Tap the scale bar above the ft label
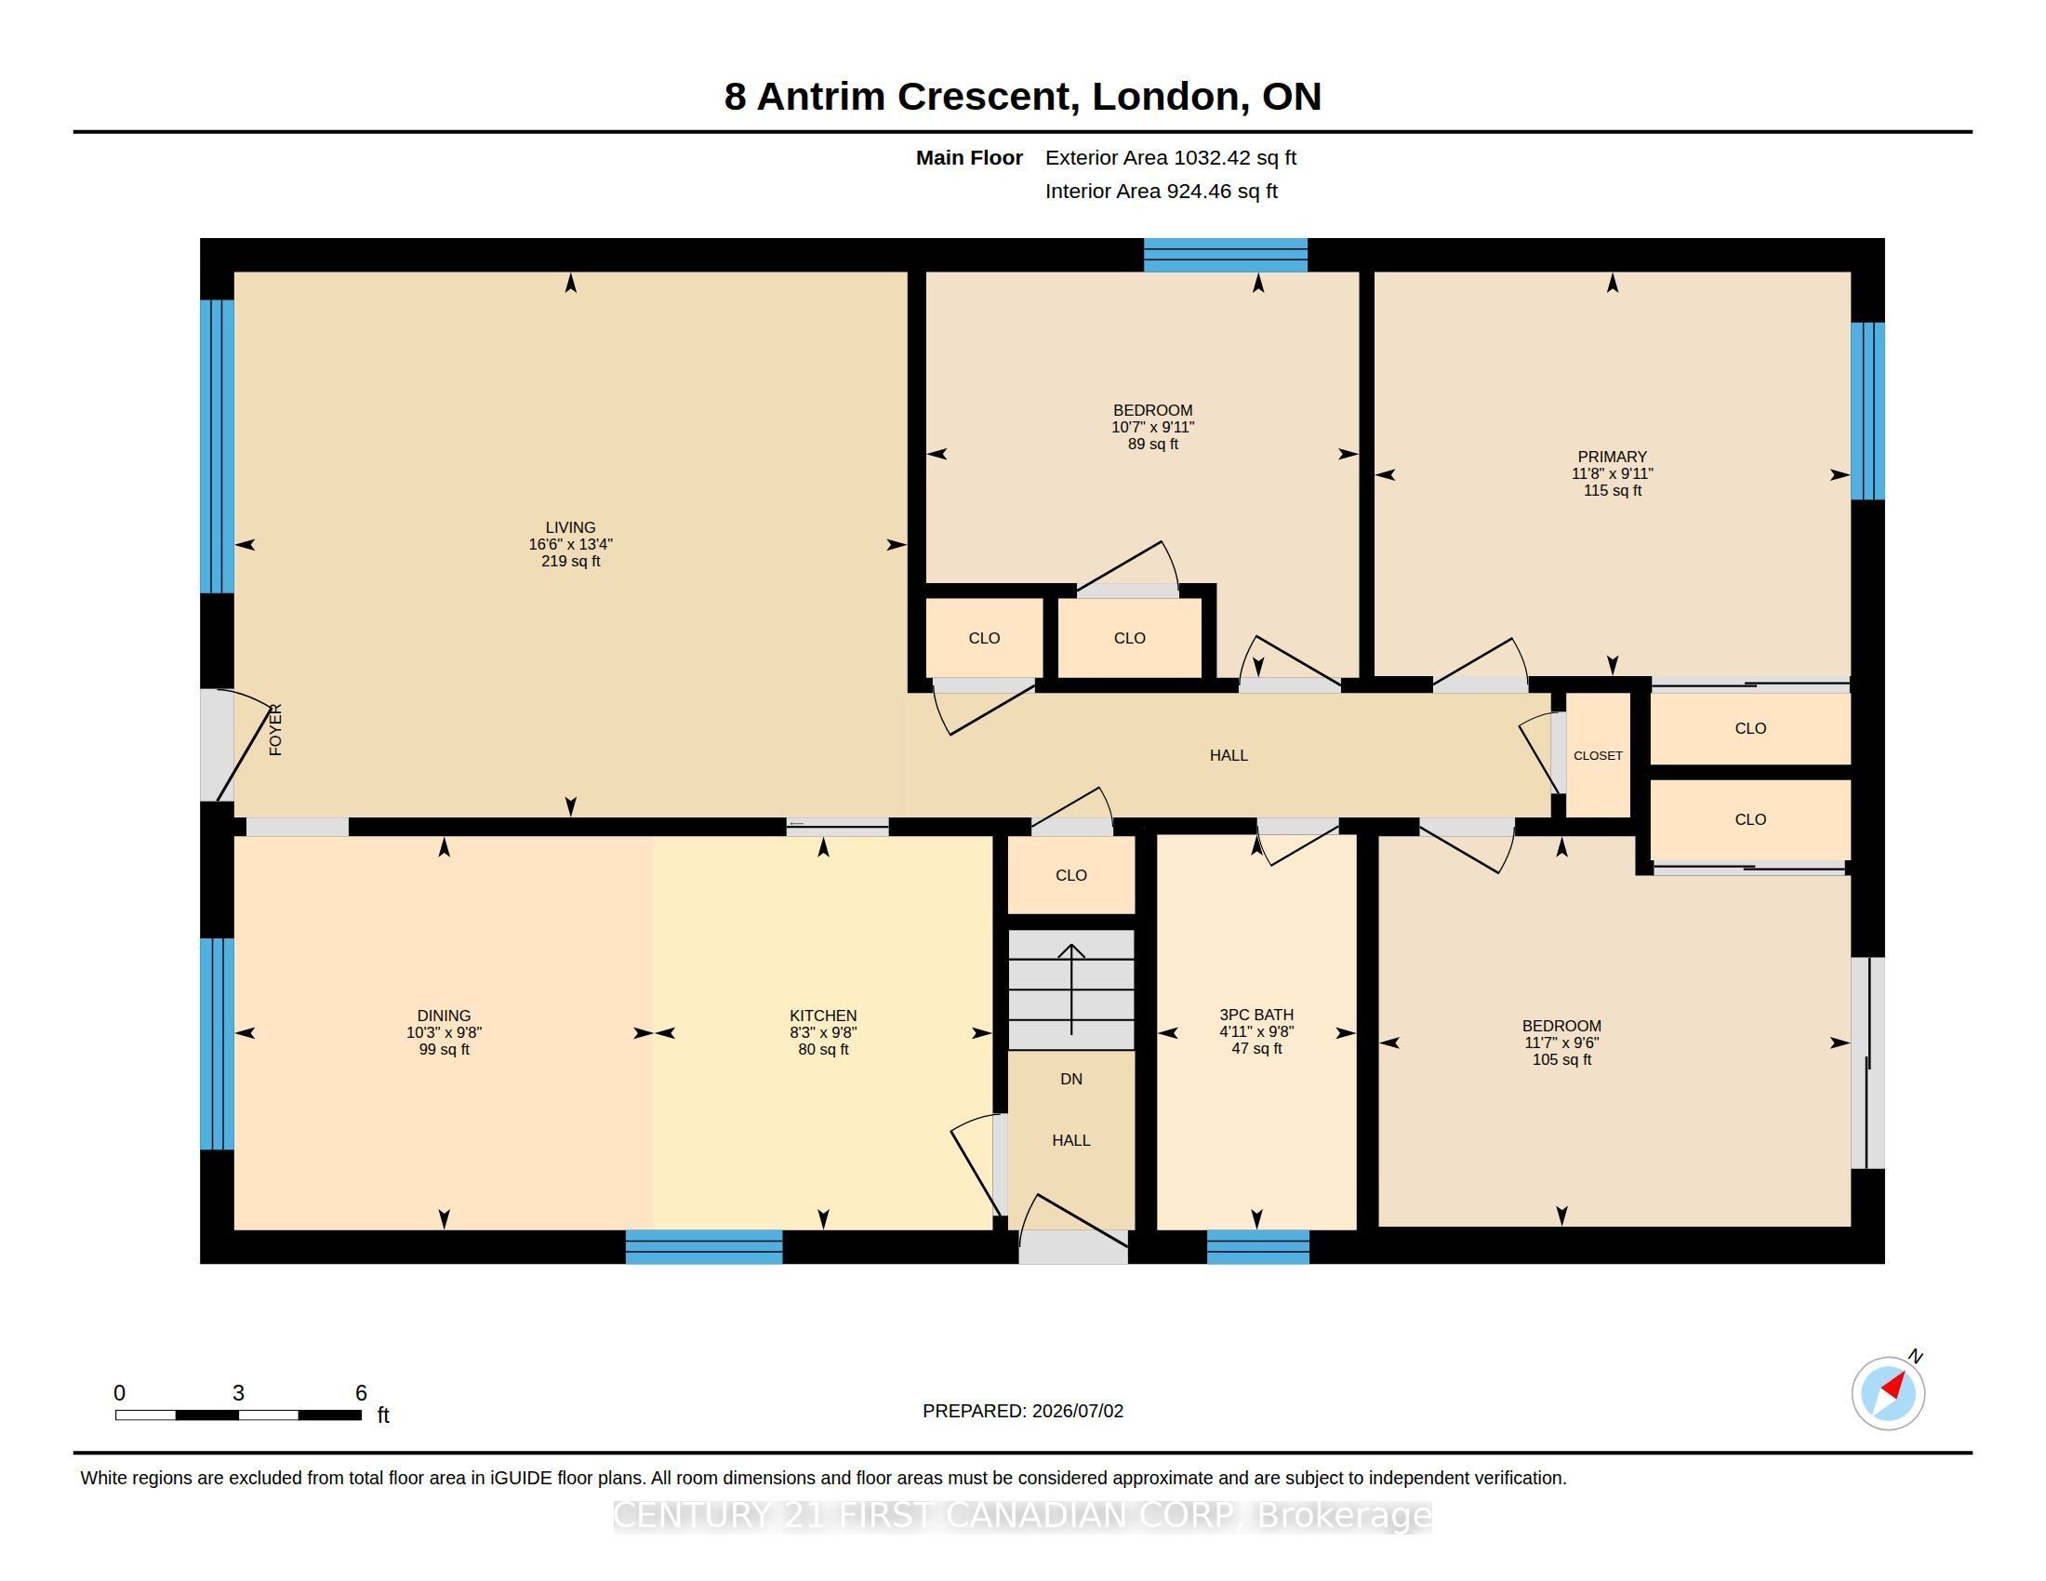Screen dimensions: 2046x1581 coord(239,1415)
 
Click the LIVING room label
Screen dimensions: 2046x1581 coord(570,527)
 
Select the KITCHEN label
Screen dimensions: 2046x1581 coord(822,1016)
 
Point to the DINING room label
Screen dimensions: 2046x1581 coord(444,1016)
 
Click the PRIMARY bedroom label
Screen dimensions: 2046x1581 coord(1613,457)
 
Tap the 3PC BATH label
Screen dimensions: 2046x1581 coord(1256,1015)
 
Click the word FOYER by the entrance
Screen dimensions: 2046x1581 coord(275,730)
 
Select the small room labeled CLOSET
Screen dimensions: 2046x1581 coord(1598,755)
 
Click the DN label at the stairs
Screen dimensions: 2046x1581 coord(1070,1079)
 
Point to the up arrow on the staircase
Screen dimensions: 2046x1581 coord(1071,990)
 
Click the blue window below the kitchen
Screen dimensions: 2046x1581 coord(704,1246)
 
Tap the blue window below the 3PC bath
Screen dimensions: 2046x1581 coord(1257,1246)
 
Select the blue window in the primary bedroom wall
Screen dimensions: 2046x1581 coord(1867,411)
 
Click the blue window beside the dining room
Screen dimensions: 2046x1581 coord(217,1043)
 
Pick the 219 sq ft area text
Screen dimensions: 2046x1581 coord(570,561)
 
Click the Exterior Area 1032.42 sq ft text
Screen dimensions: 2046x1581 coord(1171,157)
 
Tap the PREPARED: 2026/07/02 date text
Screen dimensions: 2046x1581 coord(1023,1411)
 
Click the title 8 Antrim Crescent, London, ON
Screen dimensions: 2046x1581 coord(1023,97)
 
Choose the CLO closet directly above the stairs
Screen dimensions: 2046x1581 coord(1070,875)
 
